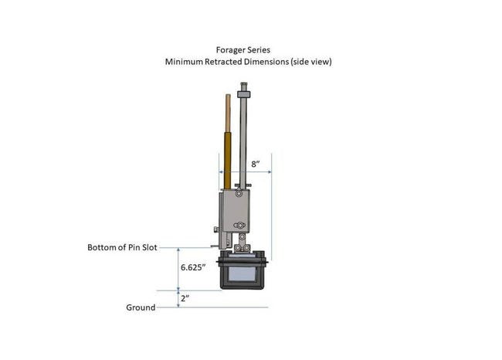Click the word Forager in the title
(229, 50)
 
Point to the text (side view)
(311, 62)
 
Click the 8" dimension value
(255, 164)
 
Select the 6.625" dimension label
(193, 267)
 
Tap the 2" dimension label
(185, 298)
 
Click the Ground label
(141, 307)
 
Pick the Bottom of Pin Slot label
(122, 247)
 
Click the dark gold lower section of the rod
(227, 161)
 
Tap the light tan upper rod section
(228, 114)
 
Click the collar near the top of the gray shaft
(243, 94)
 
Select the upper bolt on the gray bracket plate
(239, 193)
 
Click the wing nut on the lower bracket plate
(239, 226)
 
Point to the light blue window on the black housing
(243, 273)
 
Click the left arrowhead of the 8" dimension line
(221, 172)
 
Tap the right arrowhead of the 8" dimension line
(270, 172)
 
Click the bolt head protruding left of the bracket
(216, 229)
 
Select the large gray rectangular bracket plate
(236, 211)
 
